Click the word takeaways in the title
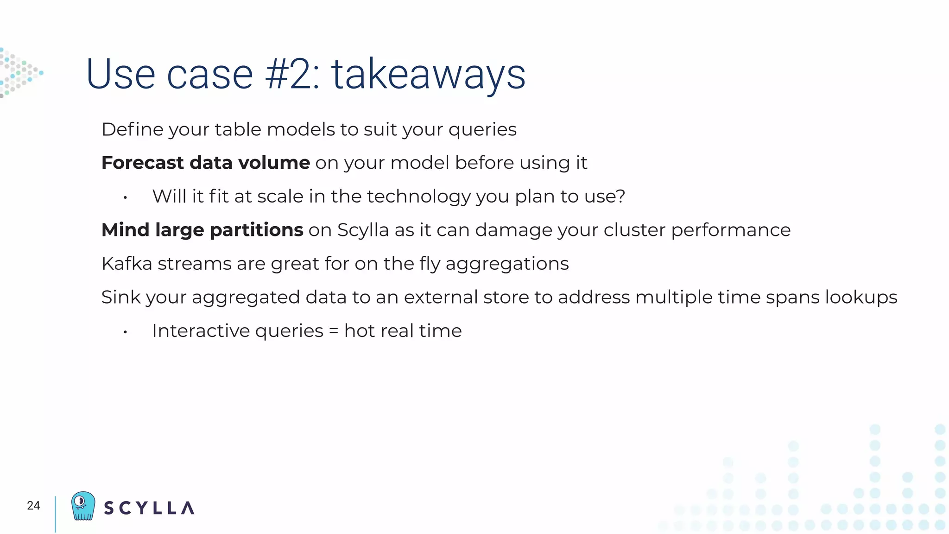pyautogui.click(x=428, y=75)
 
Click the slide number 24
pyautogui.click(x=33, y=506)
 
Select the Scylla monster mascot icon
pyautogui.click(x=83, y=506)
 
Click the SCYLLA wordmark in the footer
pyautogui.click(x=149, y=508)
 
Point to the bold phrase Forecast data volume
pyautogui.click(x=205, y=163)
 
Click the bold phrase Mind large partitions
pyautogui.click(x=202, y=230)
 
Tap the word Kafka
pyautogui.click(x=127, y=264)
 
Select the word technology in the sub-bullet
pyautogui.click(x=418, y=197)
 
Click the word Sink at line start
pyautogui.click(x=119, y=297)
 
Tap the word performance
pyautogui.click(x=731, y=230)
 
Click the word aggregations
pyautogui.click(x=507, y=264)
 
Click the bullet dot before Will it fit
pyautogui.click(x=125, y=198)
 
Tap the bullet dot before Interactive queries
pyautogui.click(x=125, y=332)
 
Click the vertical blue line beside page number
pyautogui.click(x=55, y=514)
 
